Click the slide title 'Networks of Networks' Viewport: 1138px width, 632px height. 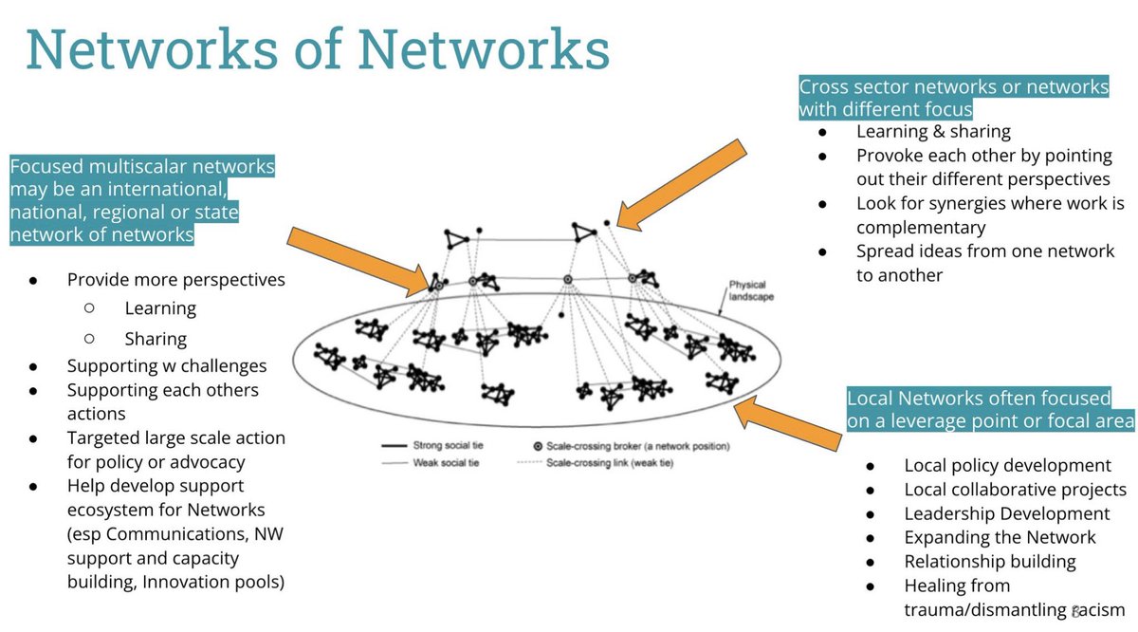coord(318,49)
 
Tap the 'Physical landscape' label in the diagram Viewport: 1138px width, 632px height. coord(751,290)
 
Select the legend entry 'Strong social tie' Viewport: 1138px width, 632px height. coord(432,445)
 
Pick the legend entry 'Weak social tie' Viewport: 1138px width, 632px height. coord(431,463)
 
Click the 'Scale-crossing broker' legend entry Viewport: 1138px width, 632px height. coord(632,446)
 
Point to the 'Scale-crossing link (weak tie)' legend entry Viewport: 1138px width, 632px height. coord(595,463)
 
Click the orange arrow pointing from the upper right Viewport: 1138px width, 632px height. coord(681,186)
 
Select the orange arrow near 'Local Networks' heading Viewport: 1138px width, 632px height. coord(787,423)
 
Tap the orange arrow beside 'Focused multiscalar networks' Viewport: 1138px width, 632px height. coord(359,262)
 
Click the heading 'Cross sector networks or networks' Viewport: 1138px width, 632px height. coord(954,86)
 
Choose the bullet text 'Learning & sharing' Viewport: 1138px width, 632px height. coord(933,131)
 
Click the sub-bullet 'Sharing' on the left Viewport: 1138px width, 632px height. coord(156,339)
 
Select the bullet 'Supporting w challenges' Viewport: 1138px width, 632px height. coord(167,366)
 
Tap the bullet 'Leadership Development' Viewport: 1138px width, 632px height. coord(1007,513)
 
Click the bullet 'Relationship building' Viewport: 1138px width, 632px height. coord(990,562)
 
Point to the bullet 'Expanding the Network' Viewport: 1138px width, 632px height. coord(1000,537)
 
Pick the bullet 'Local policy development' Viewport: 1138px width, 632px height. coord(1007,465)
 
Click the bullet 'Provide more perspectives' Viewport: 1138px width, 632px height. coord(175,280)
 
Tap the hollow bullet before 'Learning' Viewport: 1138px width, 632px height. coord(89,307)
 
